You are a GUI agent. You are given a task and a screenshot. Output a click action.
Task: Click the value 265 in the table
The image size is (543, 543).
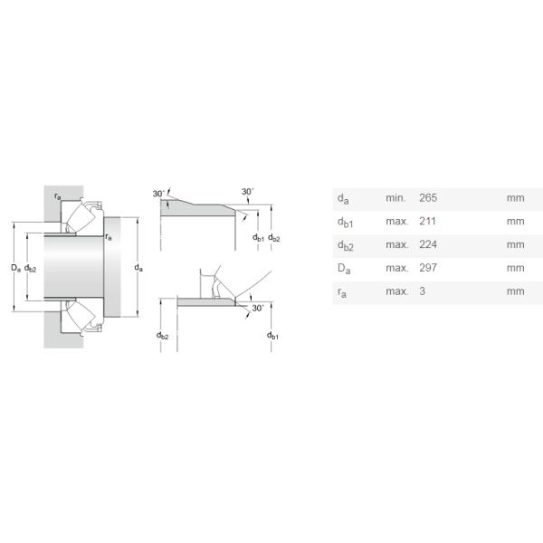click(x=428, y=197)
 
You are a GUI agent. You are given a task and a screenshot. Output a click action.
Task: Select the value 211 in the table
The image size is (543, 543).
click(x=427, y=221)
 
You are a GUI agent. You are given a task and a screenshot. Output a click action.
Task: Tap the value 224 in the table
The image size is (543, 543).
click(x=428, y=244)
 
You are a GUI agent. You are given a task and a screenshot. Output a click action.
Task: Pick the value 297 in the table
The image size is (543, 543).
click(x=428, y=268)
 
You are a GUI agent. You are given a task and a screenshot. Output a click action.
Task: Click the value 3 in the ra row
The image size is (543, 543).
click(x=422, y=291)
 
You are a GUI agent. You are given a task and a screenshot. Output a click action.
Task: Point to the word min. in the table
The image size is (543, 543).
click(x=395, y=197)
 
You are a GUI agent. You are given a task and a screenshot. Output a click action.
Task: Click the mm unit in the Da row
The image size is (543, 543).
click(x=515, y=268)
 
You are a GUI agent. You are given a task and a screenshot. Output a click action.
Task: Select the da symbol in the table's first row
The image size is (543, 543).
click(x=343, y=199)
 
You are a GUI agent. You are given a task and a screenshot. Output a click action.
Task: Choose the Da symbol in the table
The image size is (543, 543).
click(x=344, y=269)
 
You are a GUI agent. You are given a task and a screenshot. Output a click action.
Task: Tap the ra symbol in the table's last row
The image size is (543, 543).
click(x=342, y=292)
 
